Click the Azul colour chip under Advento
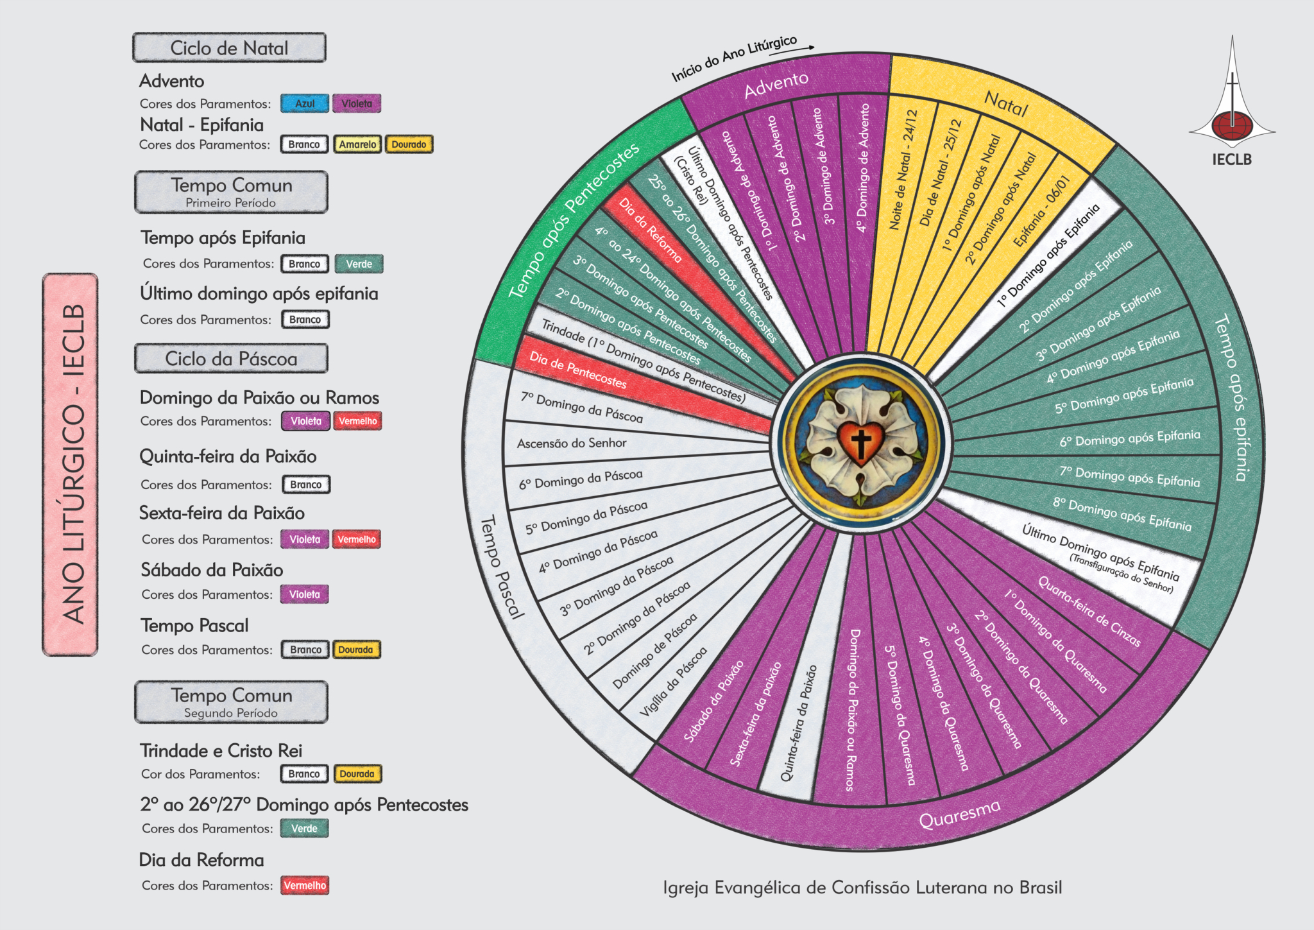tap(305, 103)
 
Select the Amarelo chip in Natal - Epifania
tap(357, 144)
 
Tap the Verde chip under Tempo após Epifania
tap(359, 264)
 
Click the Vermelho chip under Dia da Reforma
tap(305, 886)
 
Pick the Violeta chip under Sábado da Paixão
tap(304, 594)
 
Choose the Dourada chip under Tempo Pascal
tap(356, 650)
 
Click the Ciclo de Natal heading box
tap(229, 48)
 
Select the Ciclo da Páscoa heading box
tap(231, 359)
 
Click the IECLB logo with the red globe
tap(1232, 122)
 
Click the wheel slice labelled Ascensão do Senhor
tap(572, 443)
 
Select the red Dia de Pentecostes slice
tap(577, 370)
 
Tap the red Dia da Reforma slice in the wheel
tap(650, 230)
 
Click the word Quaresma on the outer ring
tap(959, 814)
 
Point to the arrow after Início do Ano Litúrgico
tap(810, 47)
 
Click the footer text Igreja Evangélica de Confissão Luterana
tap(862, 888)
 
